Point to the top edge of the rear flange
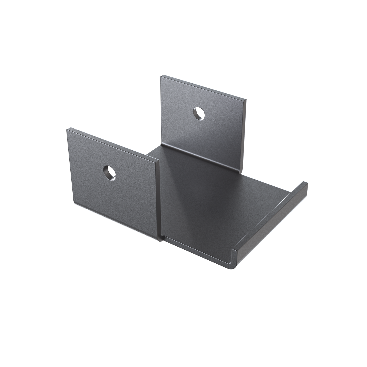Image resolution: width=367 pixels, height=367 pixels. click(x=203, y=87)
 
